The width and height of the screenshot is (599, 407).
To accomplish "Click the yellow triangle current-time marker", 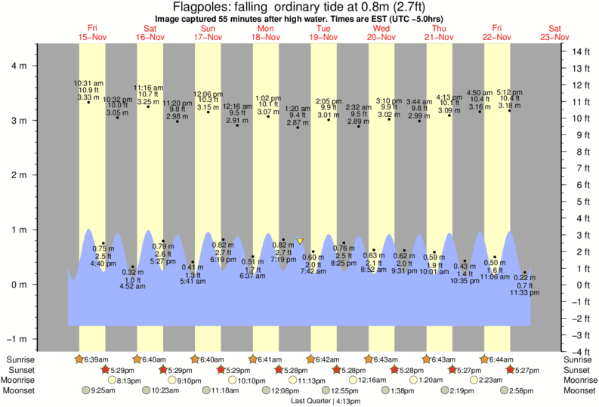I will click(x=300, y=241).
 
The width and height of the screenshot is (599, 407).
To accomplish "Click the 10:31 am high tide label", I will click(x=88, y=82).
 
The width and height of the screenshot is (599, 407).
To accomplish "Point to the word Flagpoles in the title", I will click(x=199, y=8).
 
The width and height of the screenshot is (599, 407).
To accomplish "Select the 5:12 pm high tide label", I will click(x=510, y=93).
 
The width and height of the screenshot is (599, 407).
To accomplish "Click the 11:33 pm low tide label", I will click(x=525, y=293).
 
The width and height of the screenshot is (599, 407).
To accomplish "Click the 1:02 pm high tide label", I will click(x=268, y=97).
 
